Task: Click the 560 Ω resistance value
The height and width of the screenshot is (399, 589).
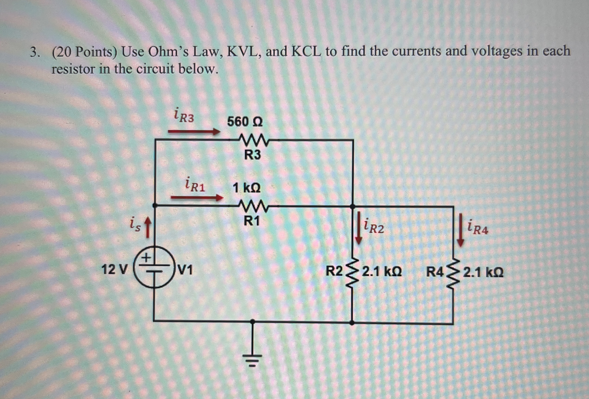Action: [245, 122]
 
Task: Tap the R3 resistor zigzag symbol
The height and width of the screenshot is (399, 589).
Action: [253, 140]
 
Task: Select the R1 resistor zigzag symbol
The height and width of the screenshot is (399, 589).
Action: [253, 206]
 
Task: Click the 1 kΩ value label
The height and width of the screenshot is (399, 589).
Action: [246, 188]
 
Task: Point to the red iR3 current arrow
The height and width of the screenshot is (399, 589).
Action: [194, 132]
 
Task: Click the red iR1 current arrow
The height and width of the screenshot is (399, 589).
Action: [197, 198]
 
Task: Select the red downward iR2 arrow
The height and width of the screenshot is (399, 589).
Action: [358, 228]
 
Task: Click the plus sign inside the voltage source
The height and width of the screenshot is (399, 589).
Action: [146, 258]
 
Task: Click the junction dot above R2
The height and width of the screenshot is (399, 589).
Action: [352, 207]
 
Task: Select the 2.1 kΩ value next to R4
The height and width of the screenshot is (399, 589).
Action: [484, 273]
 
